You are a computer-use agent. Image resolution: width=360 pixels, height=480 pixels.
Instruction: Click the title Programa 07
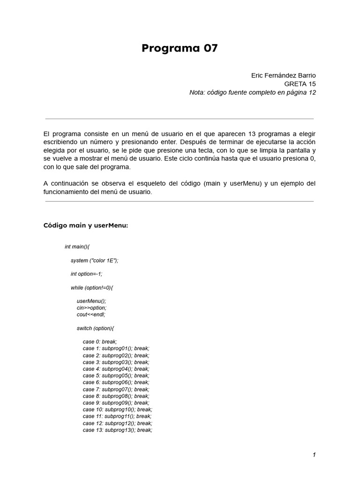coord(180,48)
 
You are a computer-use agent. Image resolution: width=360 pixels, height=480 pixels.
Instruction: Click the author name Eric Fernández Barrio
coord(283,75)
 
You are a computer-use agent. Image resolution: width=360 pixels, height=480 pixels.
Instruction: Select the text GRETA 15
coord(300,84)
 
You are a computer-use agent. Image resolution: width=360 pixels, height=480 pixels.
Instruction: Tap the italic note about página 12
coord(253,92)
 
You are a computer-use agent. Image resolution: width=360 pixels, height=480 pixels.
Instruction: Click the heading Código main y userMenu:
coord(85,225)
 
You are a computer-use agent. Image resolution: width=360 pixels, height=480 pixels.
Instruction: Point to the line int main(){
coord(77,247)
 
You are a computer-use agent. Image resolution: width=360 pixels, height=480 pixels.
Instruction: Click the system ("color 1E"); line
coord(94,260)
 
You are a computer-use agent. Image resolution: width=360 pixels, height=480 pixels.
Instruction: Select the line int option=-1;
coord(86,274)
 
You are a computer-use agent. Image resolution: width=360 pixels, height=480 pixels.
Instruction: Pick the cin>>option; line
coord(91,307)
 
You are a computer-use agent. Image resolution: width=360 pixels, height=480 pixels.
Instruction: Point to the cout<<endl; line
coord(91,315)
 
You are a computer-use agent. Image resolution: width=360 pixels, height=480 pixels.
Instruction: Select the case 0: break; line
coord(100,342)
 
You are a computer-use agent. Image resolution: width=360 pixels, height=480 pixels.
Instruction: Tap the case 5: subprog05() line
coord(116,375)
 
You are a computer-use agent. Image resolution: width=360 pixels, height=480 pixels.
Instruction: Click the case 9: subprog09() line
coord(116,403)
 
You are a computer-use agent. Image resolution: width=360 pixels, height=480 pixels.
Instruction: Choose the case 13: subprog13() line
coord(117,430)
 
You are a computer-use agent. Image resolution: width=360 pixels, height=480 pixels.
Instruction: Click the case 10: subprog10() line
coord(117,409)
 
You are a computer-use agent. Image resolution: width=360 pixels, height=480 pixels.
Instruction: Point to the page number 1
coord(314,455)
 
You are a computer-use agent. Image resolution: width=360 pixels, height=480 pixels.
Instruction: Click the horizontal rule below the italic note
coord(180,119)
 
